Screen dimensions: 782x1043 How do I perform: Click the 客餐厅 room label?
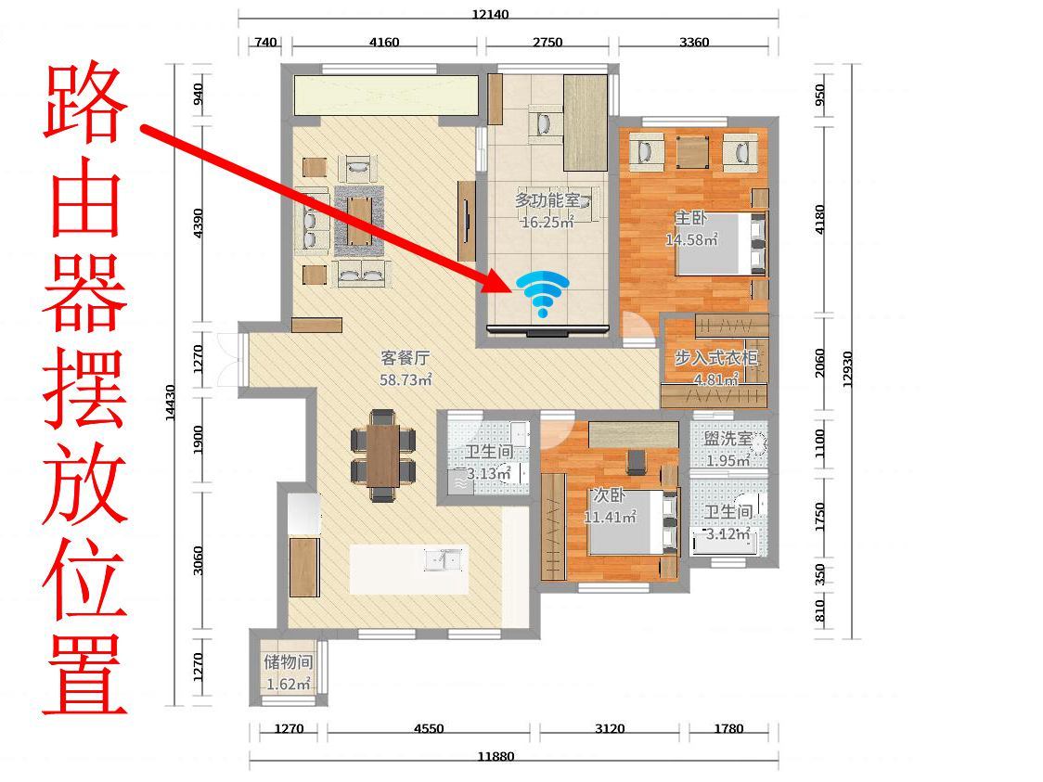[x=406, y=358]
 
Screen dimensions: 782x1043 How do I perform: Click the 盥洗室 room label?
[x=728, y=441]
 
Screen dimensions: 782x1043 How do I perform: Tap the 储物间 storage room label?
[x=288, y=662]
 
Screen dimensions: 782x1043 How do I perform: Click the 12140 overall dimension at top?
[x=490, y=14]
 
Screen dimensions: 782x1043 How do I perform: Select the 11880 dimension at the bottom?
[x=496, y=756]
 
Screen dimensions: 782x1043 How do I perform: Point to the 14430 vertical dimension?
[x=171, y=403]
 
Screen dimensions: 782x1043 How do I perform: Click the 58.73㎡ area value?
[x=406, y=380]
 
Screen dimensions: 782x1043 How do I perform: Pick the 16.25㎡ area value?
[x=547, y=223]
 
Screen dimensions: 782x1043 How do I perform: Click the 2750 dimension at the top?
[x=547, y=42]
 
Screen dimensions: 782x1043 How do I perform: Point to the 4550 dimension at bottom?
[x=429, y=728]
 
